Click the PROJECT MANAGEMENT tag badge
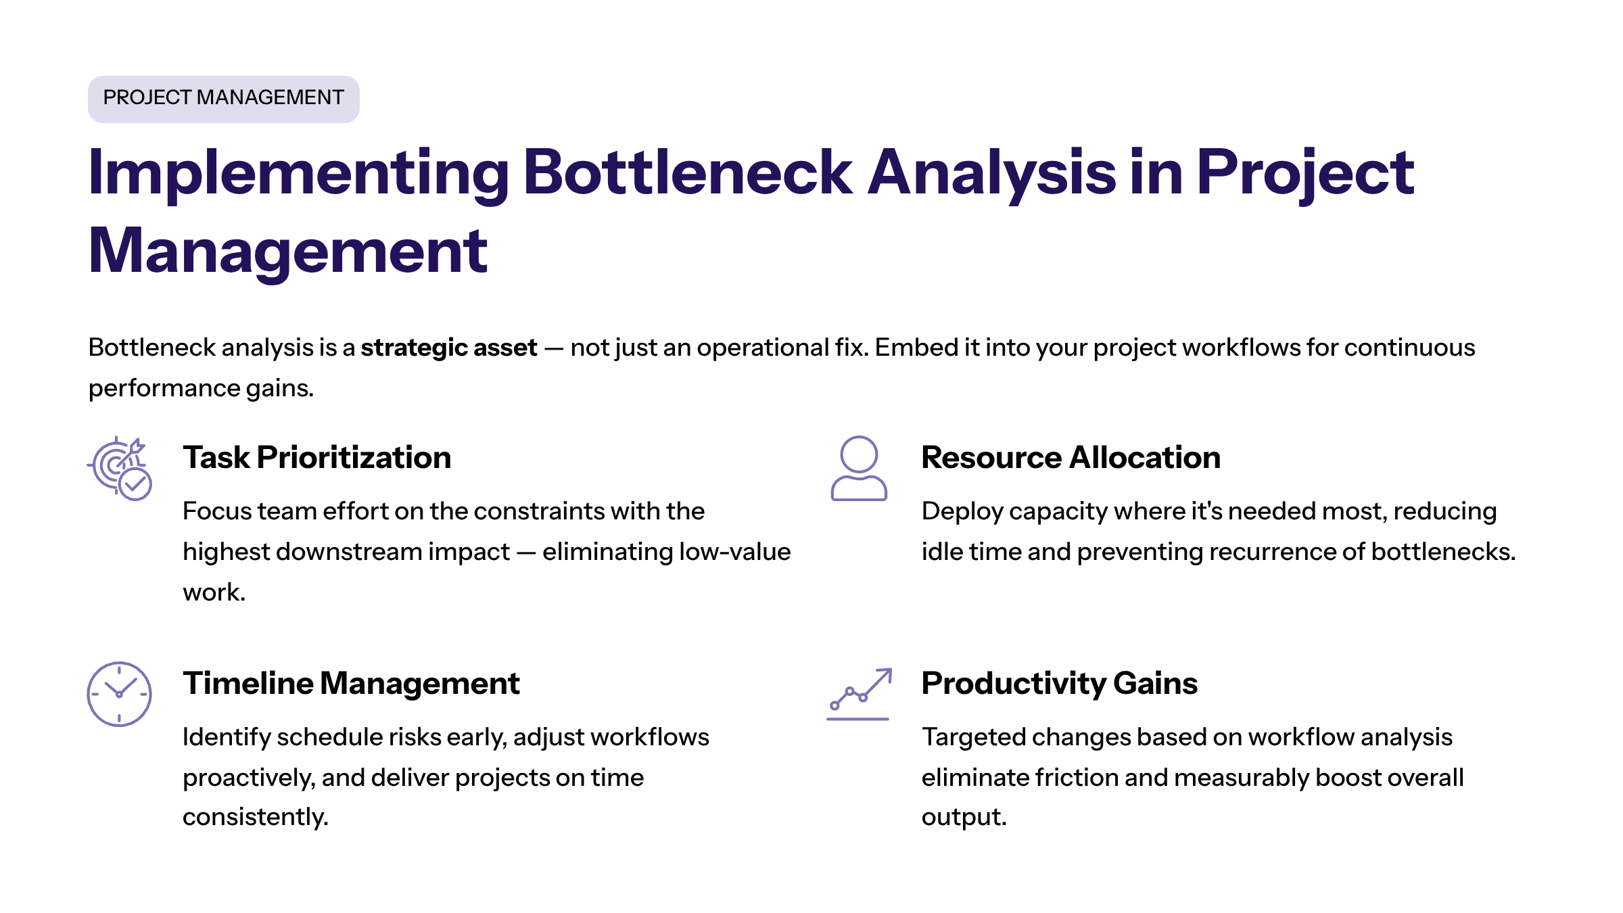(223, 99)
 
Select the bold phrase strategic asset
(448, 348)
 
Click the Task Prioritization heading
(316, 458)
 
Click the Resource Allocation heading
(1071, 458)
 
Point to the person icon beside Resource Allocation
(858, 468)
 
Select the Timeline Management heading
(351, 684)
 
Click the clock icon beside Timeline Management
(119, 694)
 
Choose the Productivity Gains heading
(1059, 684)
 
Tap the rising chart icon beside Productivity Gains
(859, 694)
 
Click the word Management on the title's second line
(287, 252)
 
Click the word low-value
(734, 552)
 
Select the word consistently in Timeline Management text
(255, 817)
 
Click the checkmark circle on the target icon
(135, 484)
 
